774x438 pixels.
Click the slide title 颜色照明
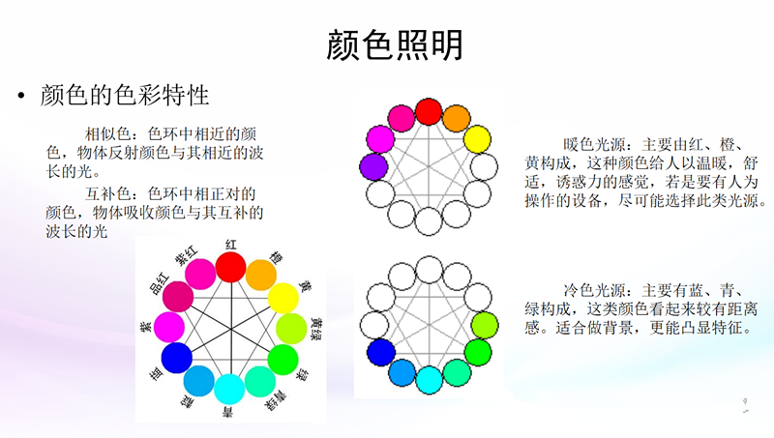395,44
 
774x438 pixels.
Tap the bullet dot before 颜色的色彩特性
20,95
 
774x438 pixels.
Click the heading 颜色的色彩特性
125,95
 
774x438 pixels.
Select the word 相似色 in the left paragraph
107,133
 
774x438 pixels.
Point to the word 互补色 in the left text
107,193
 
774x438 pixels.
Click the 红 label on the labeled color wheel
231,245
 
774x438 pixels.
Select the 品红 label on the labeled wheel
159,284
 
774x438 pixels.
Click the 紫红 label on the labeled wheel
186,256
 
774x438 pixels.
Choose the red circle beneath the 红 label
230,267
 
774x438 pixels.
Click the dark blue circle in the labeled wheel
177,358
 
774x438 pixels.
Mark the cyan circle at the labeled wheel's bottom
229,389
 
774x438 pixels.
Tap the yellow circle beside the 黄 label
283,298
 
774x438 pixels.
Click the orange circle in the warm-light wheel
456,118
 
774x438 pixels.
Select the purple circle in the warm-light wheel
373,166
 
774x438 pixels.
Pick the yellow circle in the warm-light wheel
477,139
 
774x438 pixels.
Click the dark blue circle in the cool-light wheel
381,352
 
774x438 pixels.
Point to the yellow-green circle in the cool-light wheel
485,326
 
